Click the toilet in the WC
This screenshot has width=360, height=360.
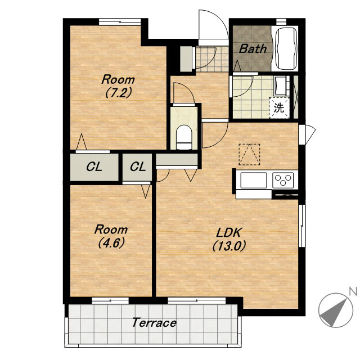[x=184, y=137]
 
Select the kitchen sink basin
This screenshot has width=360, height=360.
[x=254, y=180]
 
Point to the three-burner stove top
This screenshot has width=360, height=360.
[x=283, y=180]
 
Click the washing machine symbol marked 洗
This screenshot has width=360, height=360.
[x=279, y=108]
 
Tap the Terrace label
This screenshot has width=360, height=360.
[x=154, y=322]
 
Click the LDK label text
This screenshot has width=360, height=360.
[x=228, y=232]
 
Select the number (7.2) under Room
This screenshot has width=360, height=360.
[x=118, y=93]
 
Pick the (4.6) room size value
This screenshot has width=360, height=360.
[x=111, y=243]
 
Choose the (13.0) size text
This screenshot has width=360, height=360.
[x=229, y=246]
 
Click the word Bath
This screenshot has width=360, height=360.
[x=253, y=49]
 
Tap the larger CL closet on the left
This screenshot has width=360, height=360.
[x=94, y=167]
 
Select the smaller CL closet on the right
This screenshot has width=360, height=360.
[x=137, y=167]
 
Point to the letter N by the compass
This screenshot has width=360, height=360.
[x=353, y=291]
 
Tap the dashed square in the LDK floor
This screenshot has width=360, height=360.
[x=249, y=154]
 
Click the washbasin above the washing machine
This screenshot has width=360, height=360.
[x=280, y=85]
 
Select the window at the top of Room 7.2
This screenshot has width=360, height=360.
[x=120, y=22]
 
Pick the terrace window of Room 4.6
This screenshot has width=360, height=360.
[x=110, y=300]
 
